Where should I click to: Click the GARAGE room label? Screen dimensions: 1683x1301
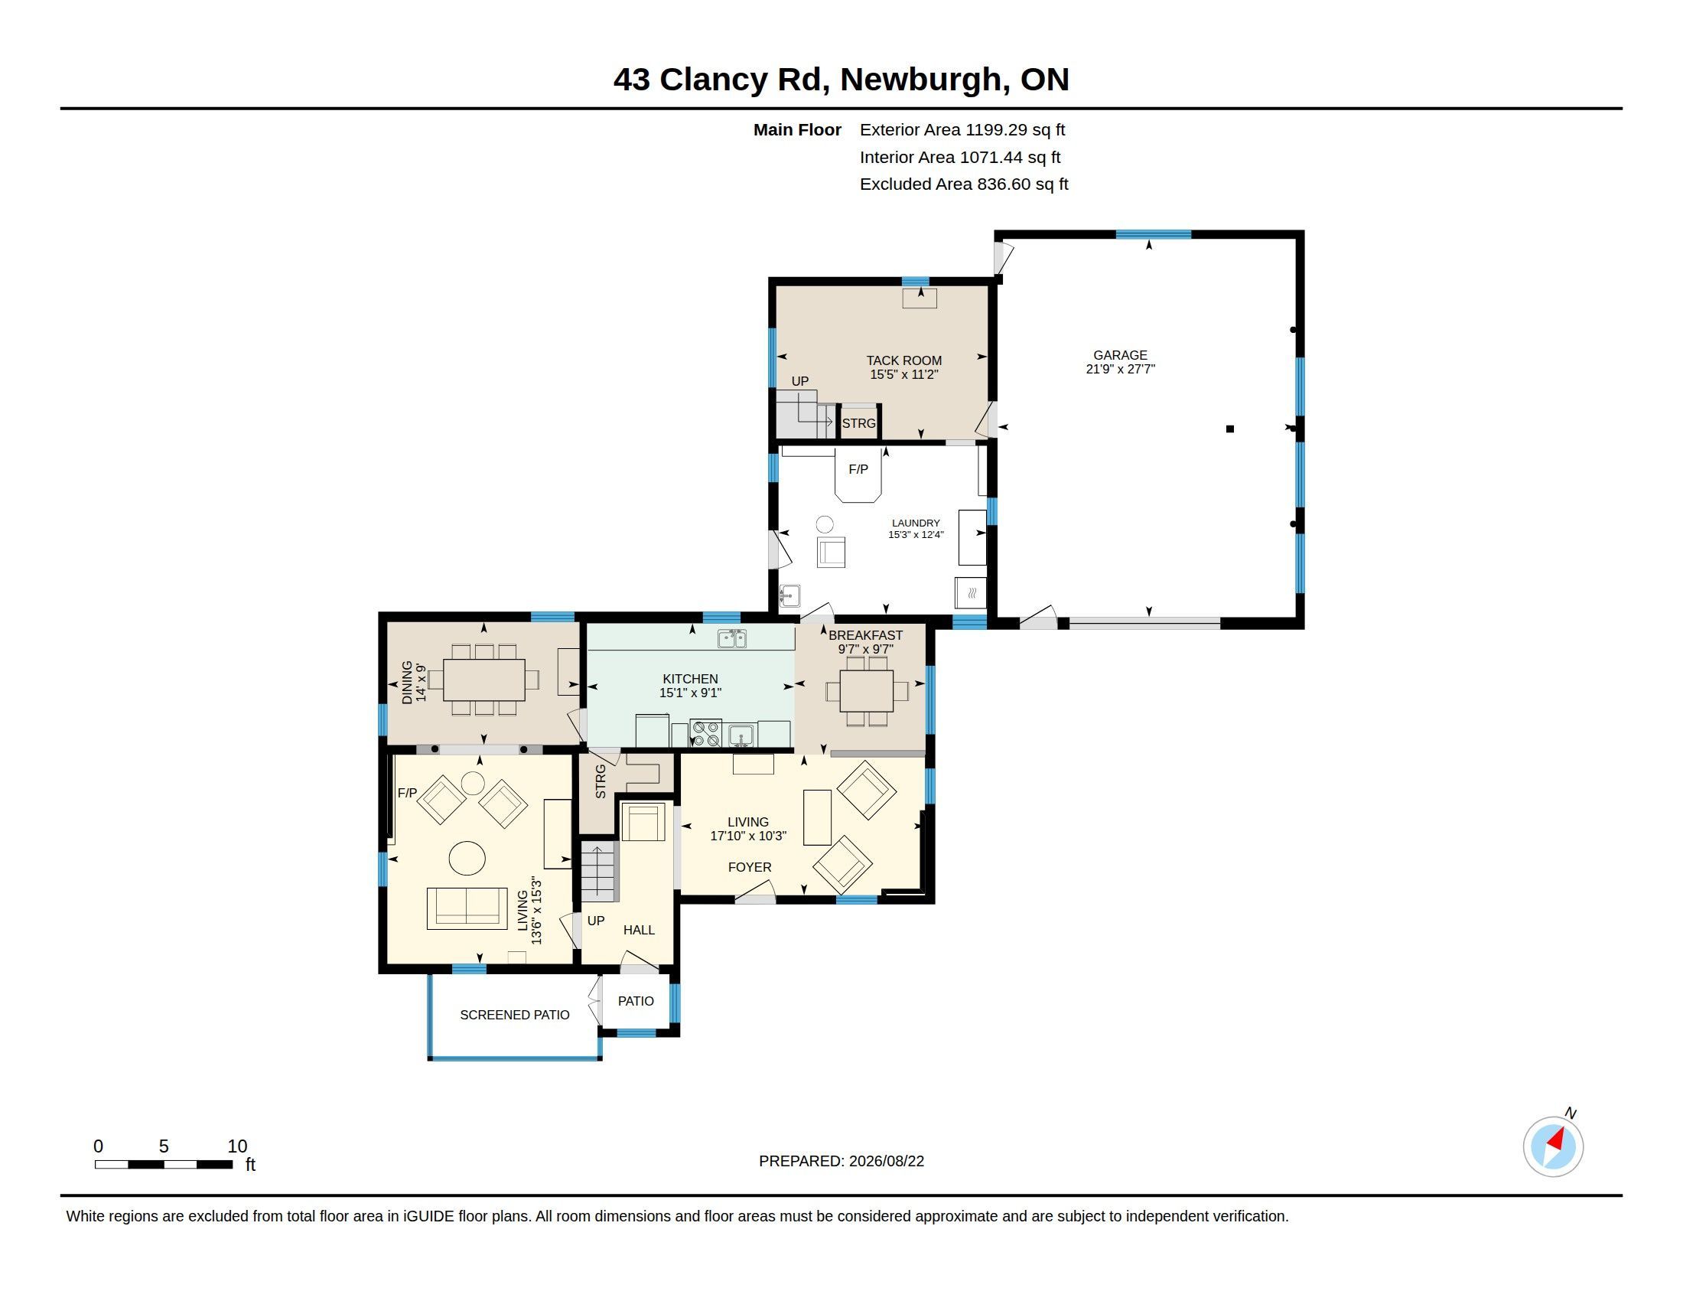coord(1120,355)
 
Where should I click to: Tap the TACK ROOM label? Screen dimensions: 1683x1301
coord(904,360)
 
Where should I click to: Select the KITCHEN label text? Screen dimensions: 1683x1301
coord(691,679)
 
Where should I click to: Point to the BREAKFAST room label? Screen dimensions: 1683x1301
coord(865,635)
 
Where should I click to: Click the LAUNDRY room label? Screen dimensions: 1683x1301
coord(916,523)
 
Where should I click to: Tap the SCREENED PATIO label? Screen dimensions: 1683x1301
coord(515,1015)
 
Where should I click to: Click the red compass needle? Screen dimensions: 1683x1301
coord(1557,1139)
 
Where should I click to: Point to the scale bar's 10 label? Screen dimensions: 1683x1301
coord(237,1146)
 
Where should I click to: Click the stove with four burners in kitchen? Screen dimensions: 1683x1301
coord(705,733)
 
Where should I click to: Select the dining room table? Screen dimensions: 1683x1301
coord(484,680)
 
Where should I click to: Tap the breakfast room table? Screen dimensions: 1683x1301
coord(867,690)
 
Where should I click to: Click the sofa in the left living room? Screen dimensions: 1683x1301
coord(467,908)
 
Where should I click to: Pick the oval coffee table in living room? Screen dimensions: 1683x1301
coord(467,858)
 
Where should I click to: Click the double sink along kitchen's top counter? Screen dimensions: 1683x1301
coord(732,638)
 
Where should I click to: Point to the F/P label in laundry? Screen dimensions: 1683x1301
coord(858,469)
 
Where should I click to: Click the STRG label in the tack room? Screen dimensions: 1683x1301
coord(858,423)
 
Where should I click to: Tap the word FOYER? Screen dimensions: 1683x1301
coord(750,867)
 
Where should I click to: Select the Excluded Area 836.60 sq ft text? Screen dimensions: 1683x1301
coord(964,184)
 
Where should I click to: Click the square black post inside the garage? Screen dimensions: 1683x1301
coord(1230,429)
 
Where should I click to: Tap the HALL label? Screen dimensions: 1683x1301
coord(639,931)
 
